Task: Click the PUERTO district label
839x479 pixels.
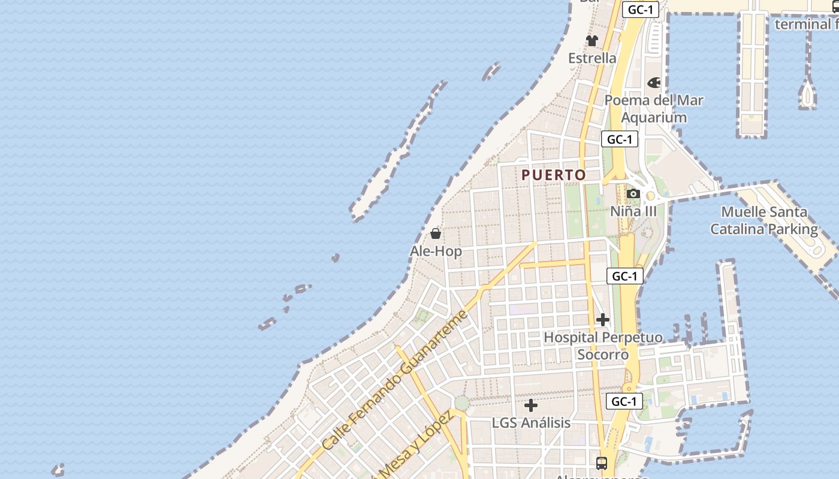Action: pyautogui.click(x=554, y=175)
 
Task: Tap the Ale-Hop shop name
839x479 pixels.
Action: pyautogui.click(x=436, y=251)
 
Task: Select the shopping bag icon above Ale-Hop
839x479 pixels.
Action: pyautogui.click(x=436, y=234)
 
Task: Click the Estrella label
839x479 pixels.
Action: pyautogui.click(x=592, y=58)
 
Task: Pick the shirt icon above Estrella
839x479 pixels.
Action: pyautogui.click(x=592, y=41)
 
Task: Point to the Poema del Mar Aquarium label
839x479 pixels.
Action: pyautogui.click(x=654, y=108)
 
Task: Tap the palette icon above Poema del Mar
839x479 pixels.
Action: pyautogui.click(x=654, y=83)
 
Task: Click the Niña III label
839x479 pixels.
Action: pyautogui.click(x=633, y=211)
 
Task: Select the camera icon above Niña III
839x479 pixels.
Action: pyautogui.click(x=633, y=194)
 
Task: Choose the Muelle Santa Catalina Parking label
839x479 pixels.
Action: pyautogui.click(x=764, y=220)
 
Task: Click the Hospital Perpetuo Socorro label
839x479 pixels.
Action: pyautogui.click(x=603, y=345)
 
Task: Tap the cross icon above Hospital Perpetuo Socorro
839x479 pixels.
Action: pyautogui.click(x=603, y=320)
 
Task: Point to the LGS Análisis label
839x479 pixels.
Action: pyautogui.click(x=531, y=423)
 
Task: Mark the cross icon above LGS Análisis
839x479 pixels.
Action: pyautogui.click(x=531, y=405)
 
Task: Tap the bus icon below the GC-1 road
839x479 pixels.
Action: pyautogui.click(x=601, y=463)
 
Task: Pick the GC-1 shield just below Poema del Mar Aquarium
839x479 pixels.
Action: pyautogui.click(x=620, y=140)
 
